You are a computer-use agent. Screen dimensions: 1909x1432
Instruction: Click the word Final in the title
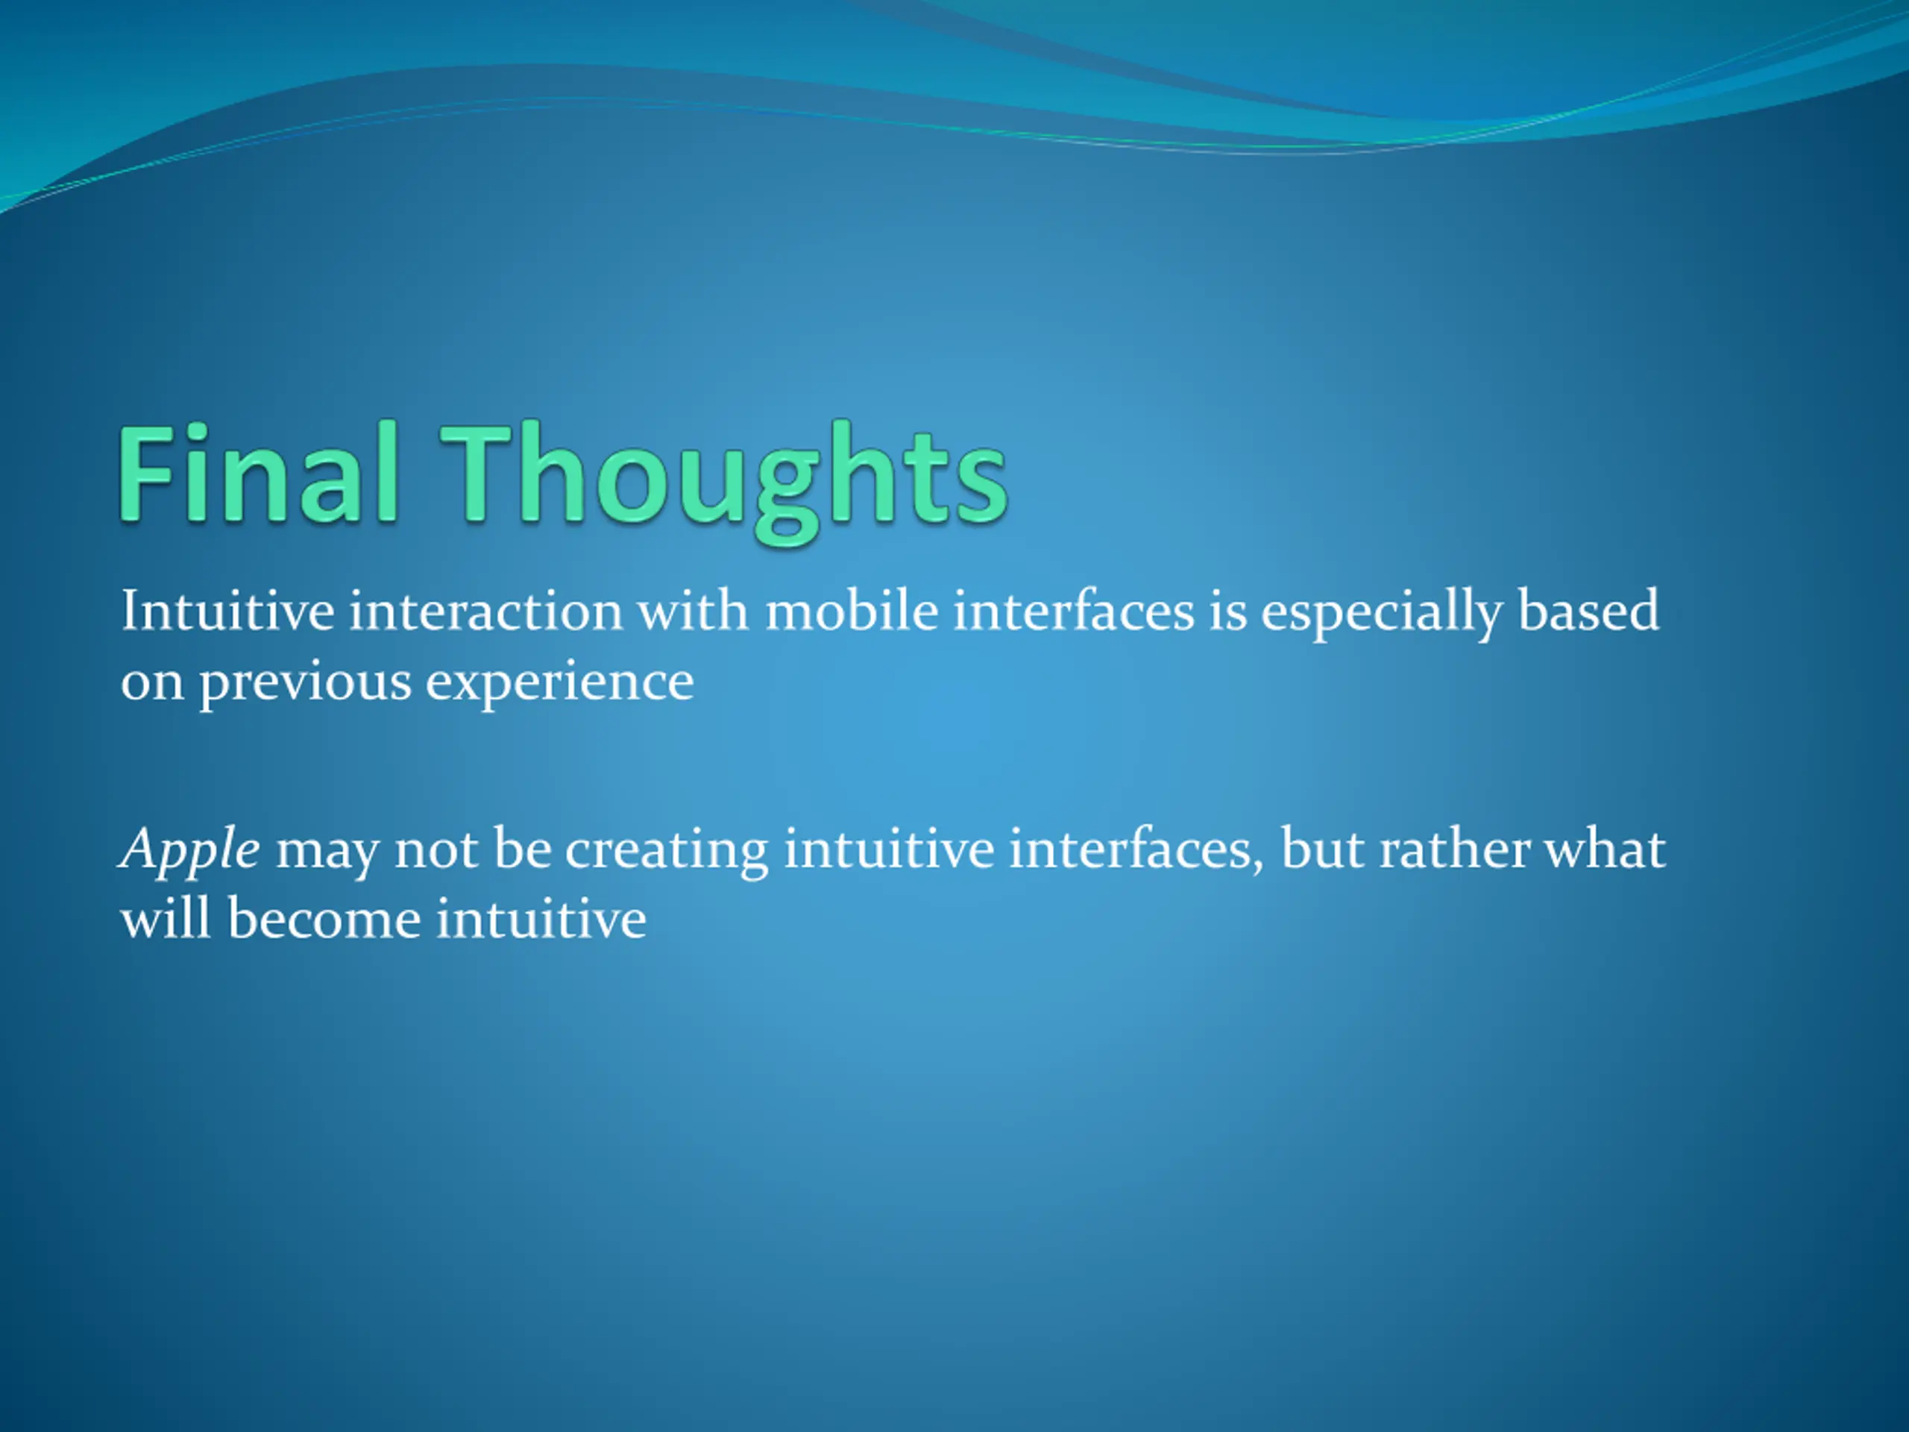tap(258, 473)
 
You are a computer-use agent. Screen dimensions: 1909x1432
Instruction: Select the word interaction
tap(486, 611)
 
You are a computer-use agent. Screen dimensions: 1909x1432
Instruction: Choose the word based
tap(1588, 610)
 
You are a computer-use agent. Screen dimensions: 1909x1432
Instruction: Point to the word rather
tap(1453, 850)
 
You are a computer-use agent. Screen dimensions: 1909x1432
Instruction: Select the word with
tap(694, 610)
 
